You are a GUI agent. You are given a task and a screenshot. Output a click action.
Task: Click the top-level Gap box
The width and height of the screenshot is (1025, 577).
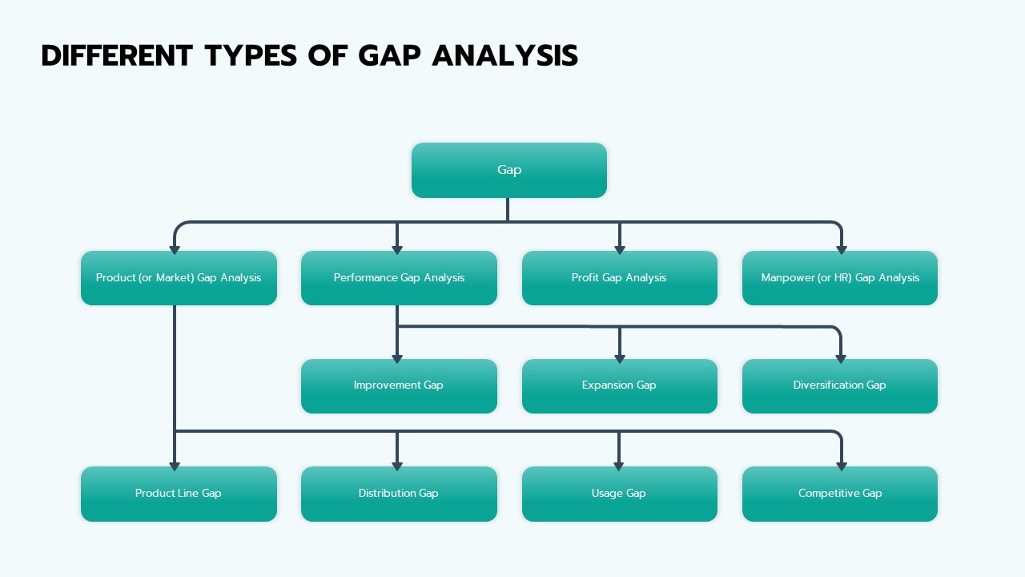click(508, 170)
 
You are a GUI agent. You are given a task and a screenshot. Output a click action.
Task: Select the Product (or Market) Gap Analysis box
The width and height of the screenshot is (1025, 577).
click(179, 278)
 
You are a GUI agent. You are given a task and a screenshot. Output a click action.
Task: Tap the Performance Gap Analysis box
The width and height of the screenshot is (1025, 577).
click(399, 278)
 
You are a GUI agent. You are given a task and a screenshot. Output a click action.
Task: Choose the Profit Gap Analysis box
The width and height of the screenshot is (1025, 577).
click(619, 278)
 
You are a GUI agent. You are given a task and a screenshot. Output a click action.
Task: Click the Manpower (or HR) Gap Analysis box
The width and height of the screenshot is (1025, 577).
click(840, 278)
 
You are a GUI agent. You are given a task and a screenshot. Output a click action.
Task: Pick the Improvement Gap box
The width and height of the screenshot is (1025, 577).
click(399, 385)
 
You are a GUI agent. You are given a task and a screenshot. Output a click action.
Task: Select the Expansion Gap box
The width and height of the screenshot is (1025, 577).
click(619, 385)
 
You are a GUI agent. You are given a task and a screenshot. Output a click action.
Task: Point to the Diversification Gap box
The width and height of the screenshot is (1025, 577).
click(840, 385)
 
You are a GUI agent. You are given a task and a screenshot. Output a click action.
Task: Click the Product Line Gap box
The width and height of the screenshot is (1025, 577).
click(179, 494)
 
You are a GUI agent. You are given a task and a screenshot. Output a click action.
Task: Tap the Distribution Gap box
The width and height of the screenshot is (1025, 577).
click(399, 494)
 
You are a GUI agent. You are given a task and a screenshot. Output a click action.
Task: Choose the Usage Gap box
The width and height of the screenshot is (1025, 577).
click(619, 494)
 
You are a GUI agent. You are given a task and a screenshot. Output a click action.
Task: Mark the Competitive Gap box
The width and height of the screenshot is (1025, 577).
click(840, 494)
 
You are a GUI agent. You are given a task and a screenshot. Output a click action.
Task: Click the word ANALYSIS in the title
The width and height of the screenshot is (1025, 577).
click(504, 56)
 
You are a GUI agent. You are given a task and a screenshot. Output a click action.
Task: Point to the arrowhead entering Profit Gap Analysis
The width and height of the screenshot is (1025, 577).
click(619, 249)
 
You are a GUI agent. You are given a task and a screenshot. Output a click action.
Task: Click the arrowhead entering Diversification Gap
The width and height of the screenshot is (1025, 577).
click(841, 357)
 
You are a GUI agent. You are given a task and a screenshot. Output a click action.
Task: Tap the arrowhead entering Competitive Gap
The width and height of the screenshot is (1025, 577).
click(841, 465)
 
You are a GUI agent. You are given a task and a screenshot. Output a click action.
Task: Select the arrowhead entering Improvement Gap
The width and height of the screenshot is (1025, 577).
click(397, 357)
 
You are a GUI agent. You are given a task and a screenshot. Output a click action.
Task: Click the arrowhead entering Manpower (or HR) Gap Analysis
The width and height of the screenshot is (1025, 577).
click(841, 249)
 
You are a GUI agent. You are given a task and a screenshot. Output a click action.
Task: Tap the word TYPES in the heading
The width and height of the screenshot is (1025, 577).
click(251, 56)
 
